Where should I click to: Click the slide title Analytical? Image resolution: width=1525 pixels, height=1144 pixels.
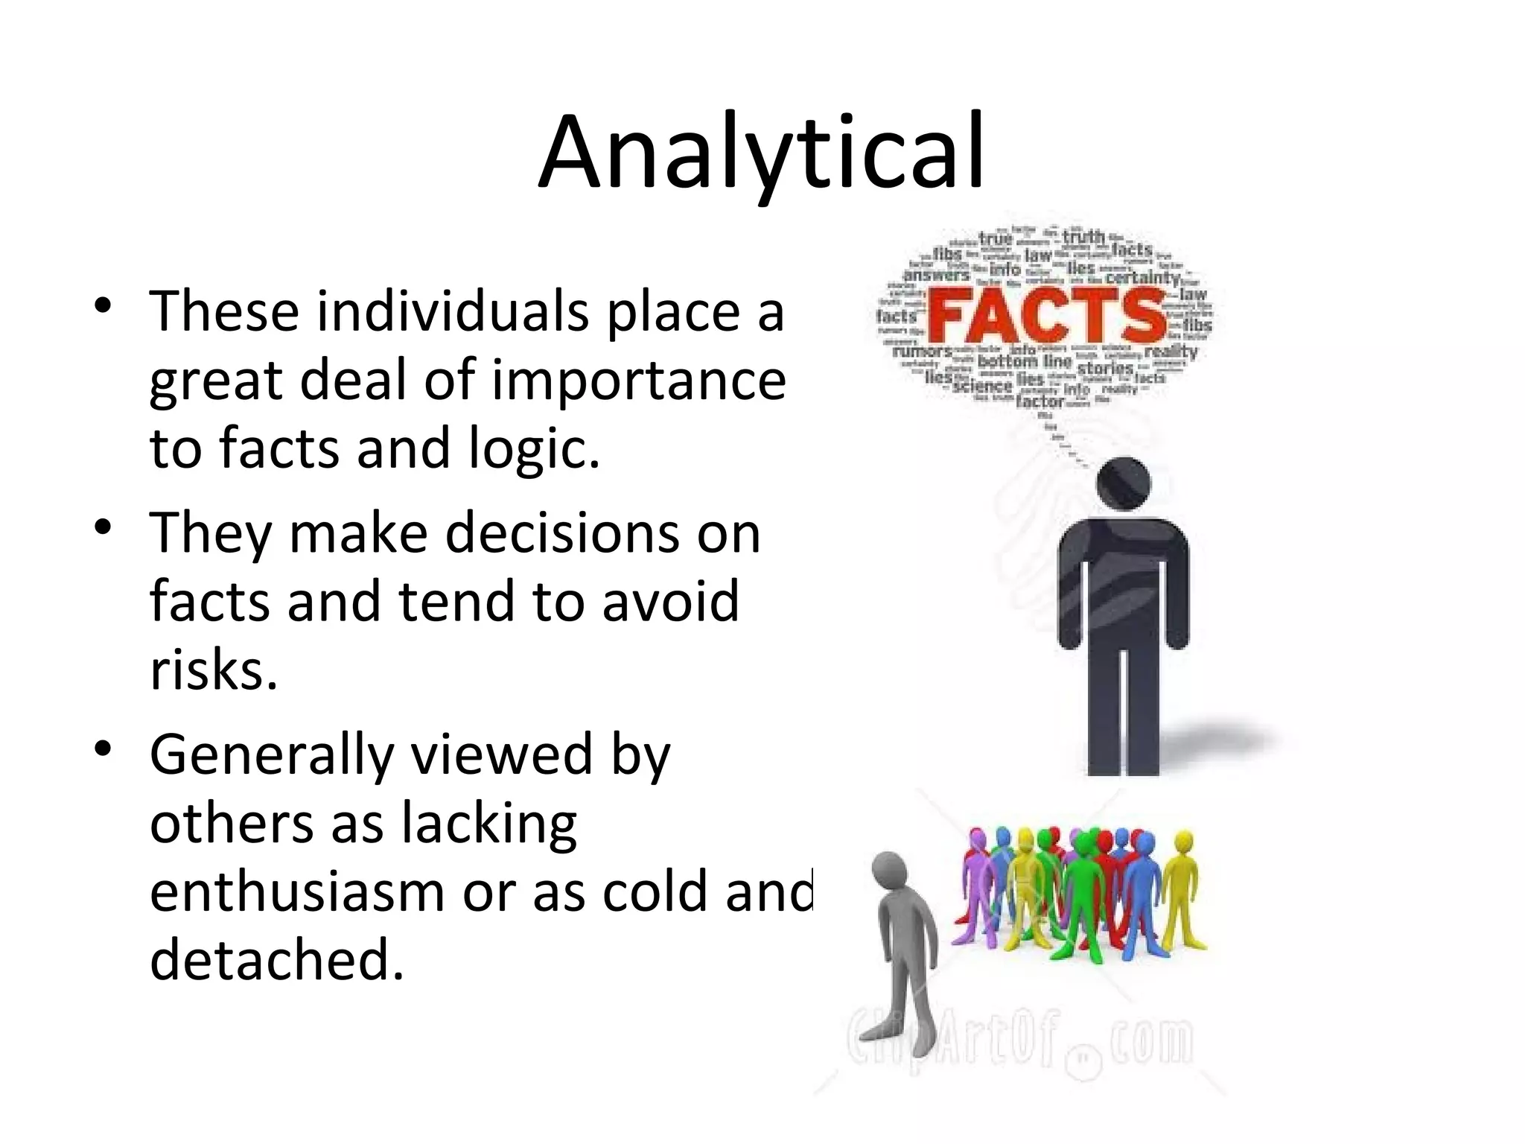coord(762,153)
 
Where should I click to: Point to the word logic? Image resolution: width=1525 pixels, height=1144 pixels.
coord(532,449)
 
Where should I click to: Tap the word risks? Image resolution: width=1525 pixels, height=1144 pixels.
coord(213,669)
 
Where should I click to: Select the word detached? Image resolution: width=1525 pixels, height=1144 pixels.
coord(276,960)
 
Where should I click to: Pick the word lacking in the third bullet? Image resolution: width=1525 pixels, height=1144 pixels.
coord(489,824)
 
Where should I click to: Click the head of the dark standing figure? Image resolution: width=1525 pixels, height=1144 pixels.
coord(1124,484)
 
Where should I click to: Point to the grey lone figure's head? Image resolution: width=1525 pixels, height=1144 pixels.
coord(890,873)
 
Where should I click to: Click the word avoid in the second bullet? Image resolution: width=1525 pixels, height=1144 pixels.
coord(670,601)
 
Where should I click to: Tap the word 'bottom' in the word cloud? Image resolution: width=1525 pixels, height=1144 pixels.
coord(1007,362)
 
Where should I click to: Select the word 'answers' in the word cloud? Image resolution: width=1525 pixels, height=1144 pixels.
coord(936,275)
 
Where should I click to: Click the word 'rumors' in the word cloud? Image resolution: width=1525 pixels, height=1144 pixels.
coord(922,350)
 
